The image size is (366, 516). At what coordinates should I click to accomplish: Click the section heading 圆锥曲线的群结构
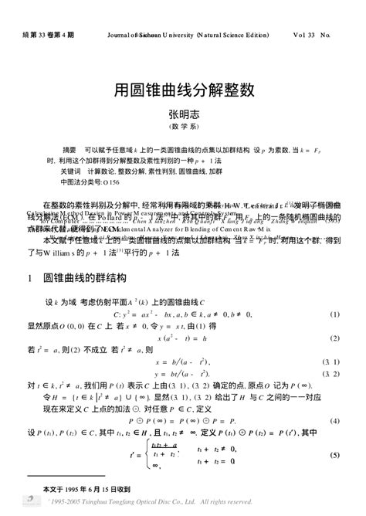click(85, 277)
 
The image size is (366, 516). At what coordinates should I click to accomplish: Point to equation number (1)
click(335, 315)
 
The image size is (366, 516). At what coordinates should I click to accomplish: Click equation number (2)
click(335, 338)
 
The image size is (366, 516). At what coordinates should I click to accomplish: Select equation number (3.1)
click(331, 362)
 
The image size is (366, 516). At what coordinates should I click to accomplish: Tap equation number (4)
click(335, 421)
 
